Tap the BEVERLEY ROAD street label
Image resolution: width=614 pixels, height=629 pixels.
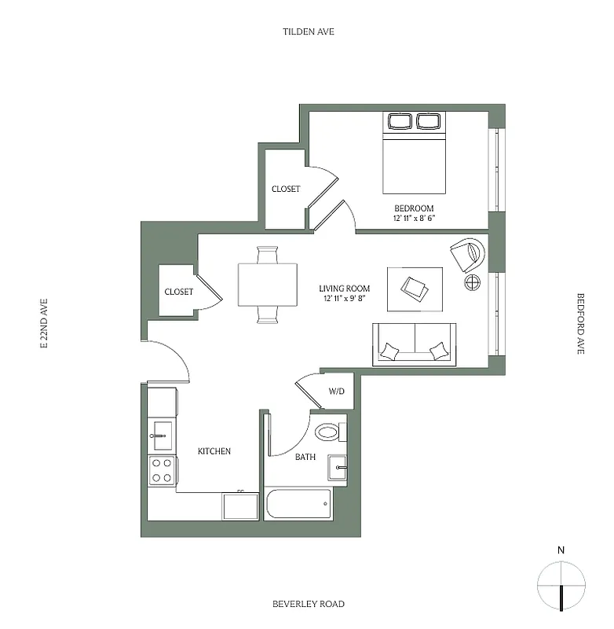coord(308,604)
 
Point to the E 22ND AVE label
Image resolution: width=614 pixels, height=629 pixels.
coord(45,323)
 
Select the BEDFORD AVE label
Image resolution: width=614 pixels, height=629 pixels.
coord(581,324)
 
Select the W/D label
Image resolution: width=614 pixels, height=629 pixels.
coord(336,391)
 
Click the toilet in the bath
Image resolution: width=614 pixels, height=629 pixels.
coord(327,432)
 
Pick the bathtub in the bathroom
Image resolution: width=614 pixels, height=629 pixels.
coord(298,503)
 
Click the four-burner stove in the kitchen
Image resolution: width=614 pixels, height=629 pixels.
coord(163,470)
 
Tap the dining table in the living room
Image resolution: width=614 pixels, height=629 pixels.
coord(268,284)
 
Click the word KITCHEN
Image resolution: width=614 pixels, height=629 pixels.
coord(214,451)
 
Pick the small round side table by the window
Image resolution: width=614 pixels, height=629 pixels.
coord(473,282)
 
